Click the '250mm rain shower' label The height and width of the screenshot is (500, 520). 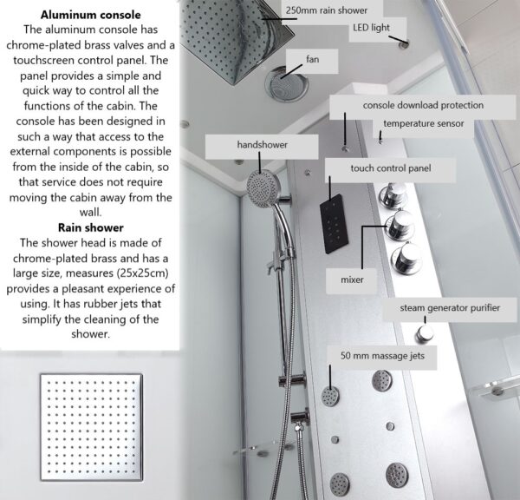click(327, 10)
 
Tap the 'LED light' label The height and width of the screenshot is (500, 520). click(371, 28)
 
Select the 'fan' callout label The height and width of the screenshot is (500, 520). click(312, 60)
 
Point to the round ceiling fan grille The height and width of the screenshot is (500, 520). click(287, 84)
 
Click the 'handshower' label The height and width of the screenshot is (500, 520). click(262, 145)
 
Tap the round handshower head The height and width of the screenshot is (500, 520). click(263, 188)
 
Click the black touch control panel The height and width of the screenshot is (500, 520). click(334, 224)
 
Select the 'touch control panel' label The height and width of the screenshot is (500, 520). click(391, 168)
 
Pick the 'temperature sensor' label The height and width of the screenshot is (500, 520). click(424, 123)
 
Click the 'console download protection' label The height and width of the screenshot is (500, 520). click(423, 105)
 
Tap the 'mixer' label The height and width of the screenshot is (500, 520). click(352, 280)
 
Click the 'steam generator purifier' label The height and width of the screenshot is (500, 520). click(450, 308)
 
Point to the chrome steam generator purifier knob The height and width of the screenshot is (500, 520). click(425, 333)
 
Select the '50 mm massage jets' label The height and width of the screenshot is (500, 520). click(382, 356)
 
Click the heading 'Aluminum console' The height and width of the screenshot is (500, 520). click(90, 15)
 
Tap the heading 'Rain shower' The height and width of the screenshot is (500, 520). click(90, 227)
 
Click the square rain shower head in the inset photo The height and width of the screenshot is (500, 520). click(92, 428)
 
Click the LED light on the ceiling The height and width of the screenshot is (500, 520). click(404, 44)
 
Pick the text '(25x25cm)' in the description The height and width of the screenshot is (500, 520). click(142, 273)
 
